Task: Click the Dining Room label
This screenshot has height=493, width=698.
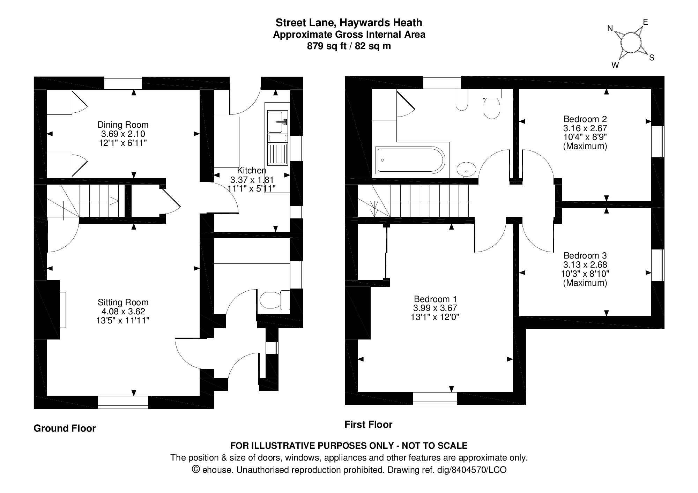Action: pos(123,125)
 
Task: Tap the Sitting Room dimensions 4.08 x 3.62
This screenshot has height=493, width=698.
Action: pos(123,311)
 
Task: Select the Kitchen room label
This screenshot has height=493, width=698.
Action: pos(251,170)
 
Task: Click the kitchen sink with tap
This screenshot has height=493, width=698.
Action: pos(277,122)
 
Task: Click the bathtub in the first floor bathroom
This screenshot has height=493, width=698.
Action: pos(410,160)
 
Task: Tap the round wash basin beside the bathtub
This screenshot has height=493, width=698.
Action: pos(466,169)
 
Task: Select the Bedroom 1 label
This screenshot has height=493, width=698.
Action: pos(435,299)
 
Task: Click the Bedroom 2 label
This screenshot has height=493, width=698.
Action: pos(585,119)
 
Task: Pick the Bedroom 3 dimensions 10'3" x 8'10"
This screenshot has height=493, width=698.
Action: pos(585,274)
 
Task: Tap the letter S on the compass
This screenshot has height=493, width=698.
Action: pos(651,58)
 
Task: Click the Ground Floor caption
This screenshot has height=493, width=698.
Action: pos(65,428)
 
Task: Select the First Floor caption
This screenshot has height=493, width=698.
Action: pos(368,425)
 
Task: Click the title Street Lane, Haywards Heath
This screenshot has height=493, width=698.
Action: pos(349,23)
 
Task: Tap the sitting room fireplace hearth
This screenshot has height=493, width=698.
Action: pos(62,310)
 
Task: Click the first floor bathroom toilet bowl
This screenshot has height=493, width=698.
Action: pos(492,108)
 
